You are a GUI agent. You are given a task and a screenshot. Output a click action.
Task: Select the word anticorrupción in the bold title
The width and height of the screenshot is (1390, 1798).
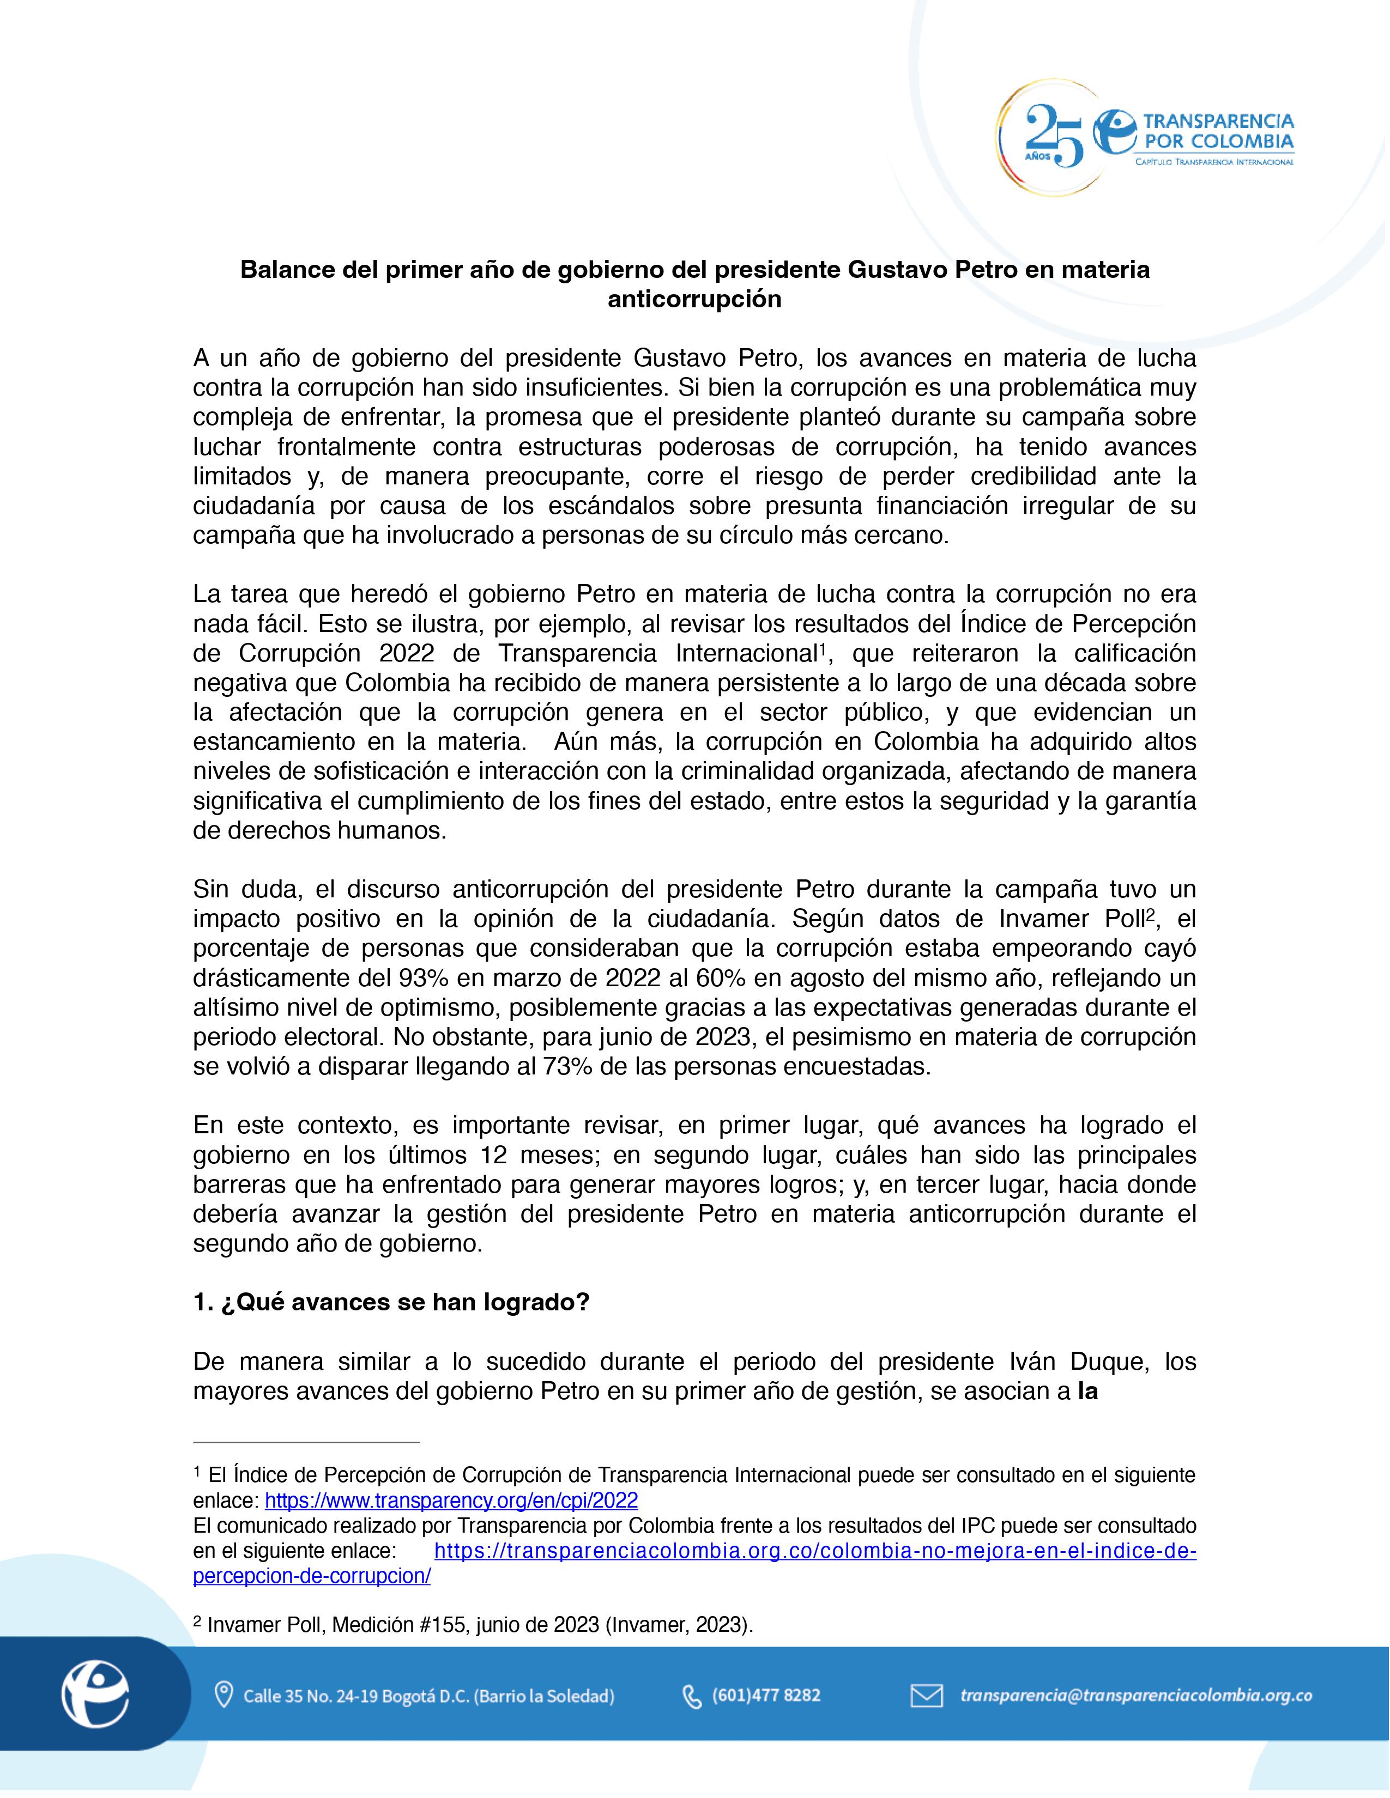(x=694, y=300)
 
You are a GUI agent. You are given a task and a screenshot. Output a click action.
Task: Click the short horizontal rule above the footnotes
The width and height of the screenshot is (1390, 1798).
(x=306, y=1442)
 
